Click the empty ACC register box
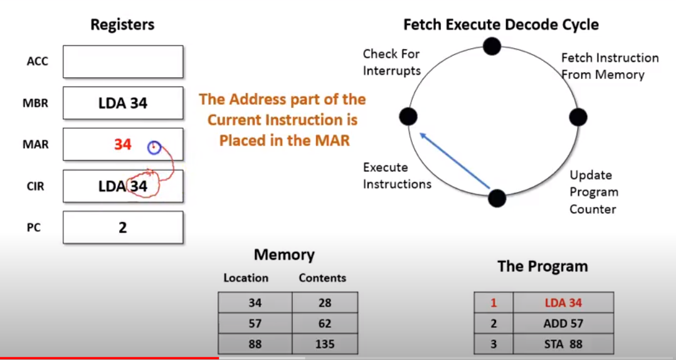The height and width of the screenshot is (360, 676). (x=123, y=61)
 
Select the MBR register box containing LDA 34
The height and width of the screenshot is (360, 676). (x=123, y=103)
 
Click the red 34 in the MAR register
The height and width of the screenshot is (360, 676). (x=122, y=145)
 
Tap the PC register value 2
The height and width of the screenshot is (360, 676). (x=123, y=227)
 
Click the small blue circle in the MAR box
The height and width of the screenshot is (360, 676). (x=154, y=147)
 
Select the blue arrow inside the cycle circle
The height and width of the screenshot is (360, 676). (x=454, y=159)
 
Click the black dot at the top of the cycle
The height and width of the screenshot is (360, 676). (x=492, y=45)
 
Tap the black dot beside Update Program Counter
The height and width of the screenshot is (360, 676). (x=497, y=198)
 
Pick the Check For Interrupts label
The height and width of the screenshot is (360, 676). (x=391, y=62)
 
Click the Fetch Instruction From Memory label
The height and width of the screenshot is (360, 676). (x=610, y=66)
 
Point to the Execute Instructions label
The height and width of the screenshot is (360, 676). (x=397, y=176)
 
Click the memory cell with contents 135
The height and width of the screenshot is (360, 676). (x=325, y=344)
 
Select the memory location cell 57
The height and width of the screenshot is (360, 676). (x=255, y=324)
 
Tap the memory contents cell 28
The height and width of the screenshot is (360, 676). (x=325, y=303)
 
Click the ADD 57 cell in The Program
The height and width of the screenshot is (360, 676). (x=562, y=324)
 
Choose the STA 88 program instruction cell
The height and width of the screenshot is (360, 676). (x=562, y=344)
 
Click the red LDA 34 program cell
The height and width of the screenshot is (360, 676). (x=562, y=303)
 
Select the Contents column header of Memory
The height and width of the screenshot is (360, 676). (x=322, y=278)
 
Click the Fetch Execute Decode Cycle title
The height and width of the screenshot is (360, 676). (x=500, y=25)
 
